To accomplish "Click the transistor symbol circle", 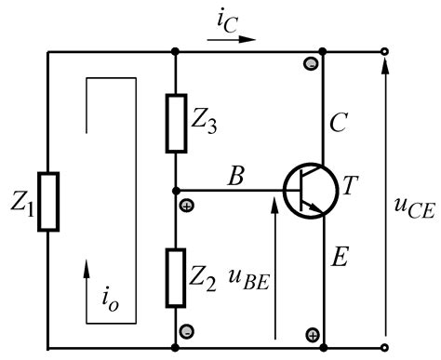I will coord(311,191).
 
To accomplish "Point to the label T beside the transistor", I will coord(351,188).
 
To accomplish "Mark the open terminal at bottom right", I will coord(385,350).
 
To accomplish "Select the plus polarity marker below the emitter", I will coord(313,334).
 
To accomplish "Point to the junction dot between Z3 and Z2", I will coord(176,191).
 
